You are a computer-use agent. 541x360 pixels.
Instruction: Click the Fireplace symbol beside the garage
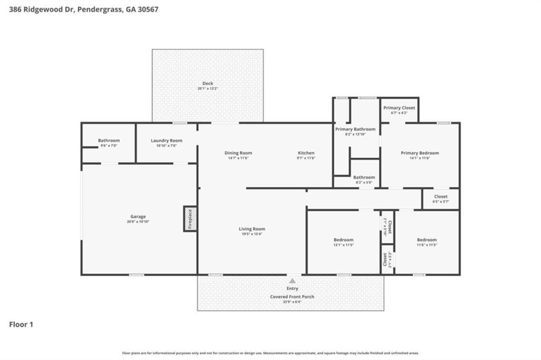(x=190, y=219)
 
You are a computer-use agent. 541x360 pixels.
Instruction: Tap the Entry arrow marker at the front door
(x=292, y=281)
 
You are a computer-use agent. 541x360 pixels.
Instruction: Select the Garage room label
(x=138, y=216)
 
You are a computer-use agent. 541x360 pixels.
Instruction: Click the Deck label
(x=208, y=83)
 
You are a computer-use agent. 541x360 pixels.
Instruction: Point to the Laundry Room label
(x=166, y=140)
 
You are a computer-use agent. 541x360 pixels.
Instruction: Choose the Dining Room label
(x=238, y=153)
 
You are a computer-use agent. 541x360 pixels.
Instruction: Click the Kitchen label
(x=306, y=153)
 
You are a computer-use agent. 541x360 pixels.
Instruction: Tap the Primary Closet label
(x=399, y=108)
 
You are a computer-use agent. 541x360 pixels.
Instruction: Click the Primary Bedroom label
(x=419, y=153)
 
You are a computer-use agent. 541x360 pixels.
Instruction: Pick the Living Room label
(x=251, y=229)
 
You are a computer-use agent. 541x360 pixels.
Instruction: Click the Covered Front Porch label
(x=292, y=297)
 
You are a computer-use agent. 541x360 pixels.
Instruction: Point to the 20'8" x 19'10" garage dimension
(x=138, y=222)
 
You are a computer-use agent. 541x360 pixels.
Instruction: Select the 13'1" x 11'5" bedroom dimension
(x=343, y=245)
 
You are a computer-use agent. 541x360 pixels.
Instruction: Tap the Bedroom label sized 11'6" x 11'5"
(x=426, y=240)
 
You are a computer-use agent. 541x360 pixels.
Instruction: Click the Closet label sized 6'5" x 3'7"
(x=441, y=196)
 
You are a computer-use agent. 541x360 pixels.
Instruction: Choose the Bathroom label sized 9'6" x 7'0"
(x=109, y=140)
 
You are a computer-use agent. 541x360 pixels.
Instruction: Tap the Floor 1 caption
(x=21, y=325)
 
